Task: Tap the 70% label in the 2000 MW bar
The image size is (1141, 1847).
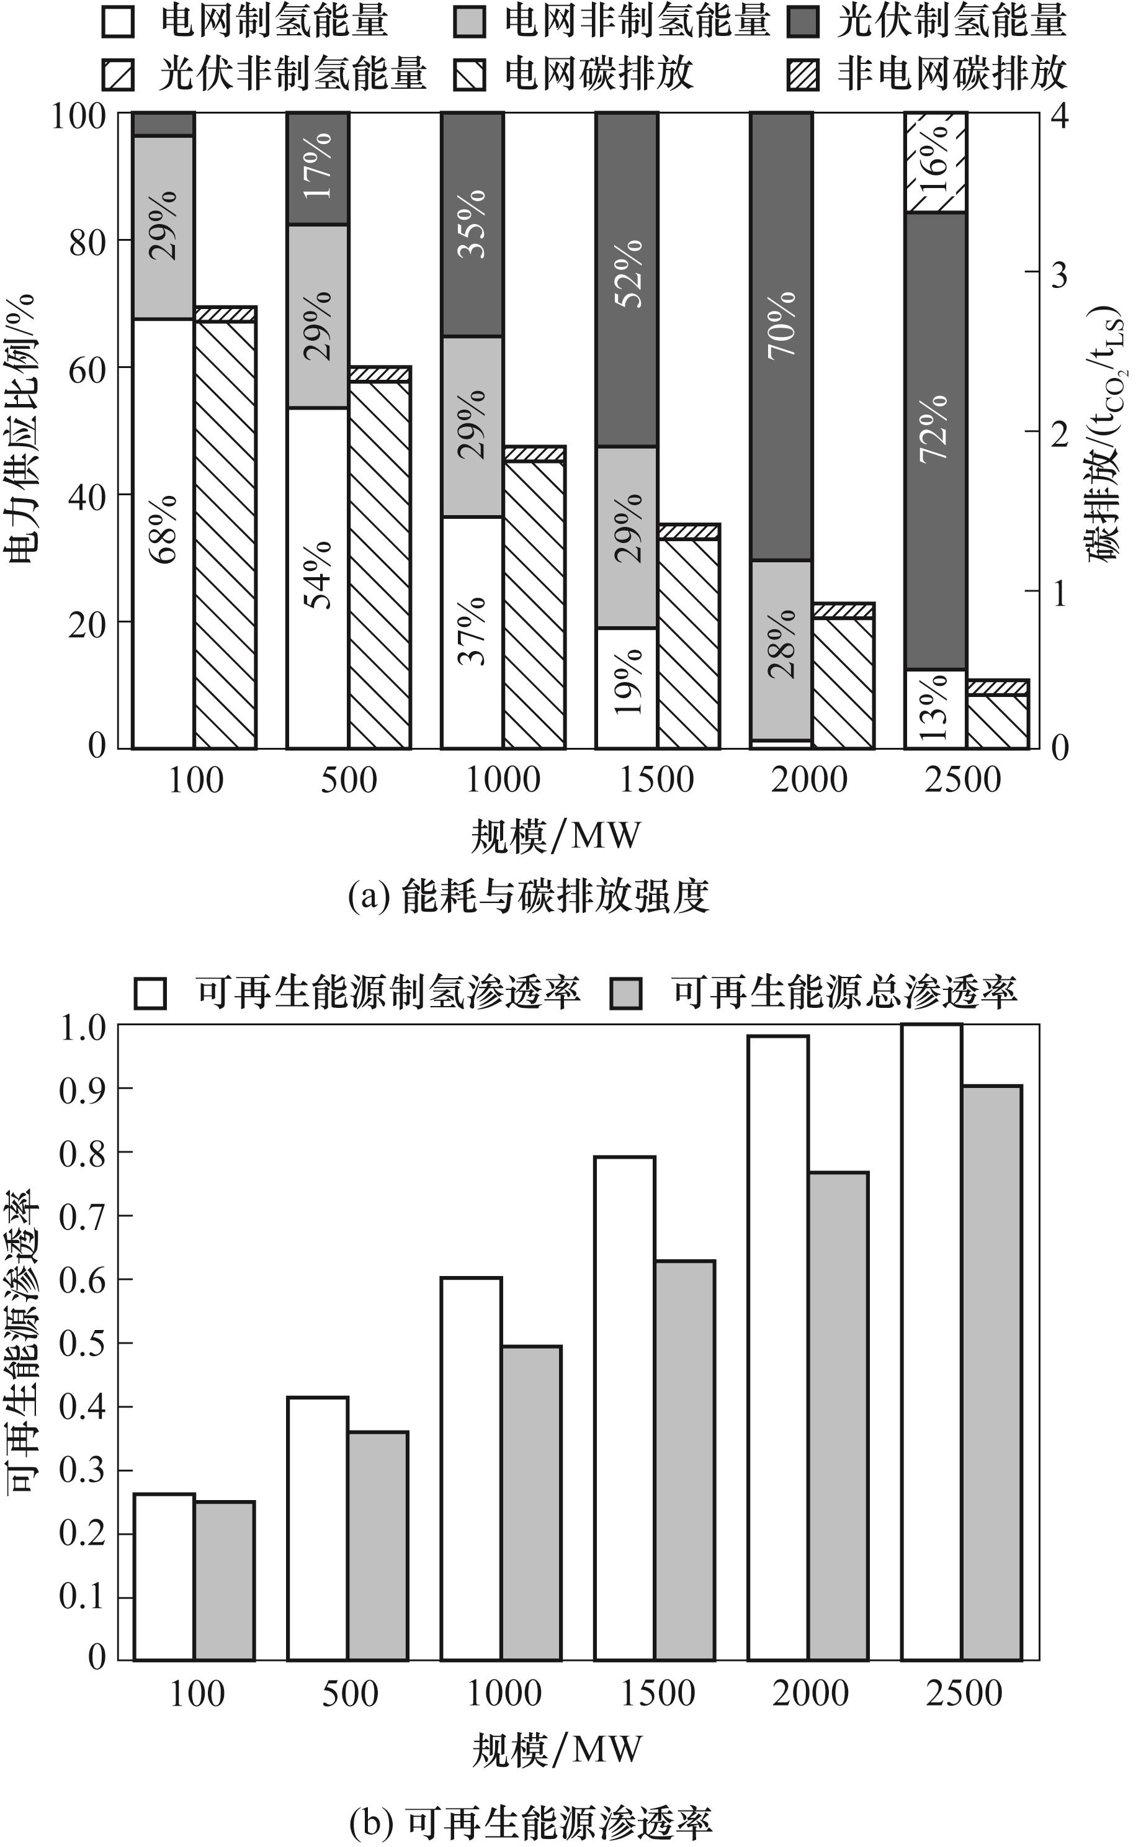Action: (x=782, y=325)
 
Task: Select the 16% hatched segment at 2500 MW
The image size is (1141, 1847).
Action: (x=936, y=161)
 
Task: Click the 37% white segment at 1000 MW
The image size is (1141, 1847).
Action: (x=472, y=631)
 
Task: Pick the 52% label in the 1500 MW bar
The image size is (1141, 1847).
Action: (x=628, y=273)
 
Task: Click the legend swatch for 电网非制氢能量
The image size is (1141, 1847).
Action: (x=468, y=22)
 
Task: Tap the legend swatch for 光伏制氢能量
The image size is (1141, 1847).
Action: (x=802, y=22)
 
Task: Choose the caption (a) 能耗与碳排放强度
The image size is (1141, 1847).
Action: (x=528, y=897)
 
